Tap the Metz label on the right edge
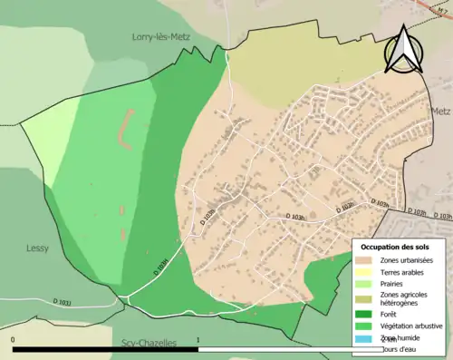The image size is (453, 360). (x=441, y=111)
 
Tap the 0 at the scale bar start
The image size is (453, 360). (x=13, y=342)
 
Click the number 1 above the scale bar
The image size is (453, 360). (x=198, y=342)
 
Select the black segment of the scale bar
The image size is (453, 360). (x=105, y=349)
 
